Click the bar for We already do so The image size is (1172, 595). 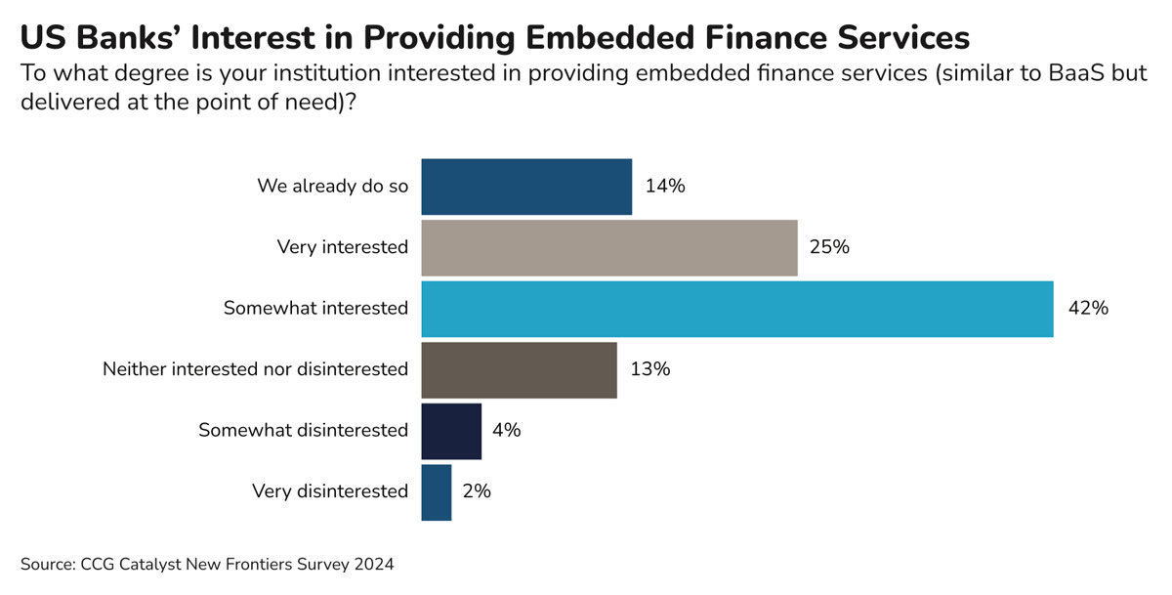(526, 187)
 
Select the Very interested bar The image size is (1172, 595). (608, 247)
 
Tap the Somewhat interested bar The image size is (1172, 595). (736, 309)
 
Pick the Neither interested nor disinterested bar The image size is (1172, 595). (519, 369)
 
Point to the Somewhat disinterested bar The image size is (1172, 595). (451, 431)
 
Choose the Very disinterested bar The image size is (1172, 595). (437, 491)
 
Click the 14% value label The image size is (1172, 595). (665, 187)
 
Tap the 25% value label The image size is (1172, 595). (830, 247)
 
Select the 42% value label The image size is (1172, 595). (1087, 309)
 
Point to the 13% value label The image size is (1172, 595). (649, 369)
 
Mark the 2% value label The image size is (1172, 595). (476, 491)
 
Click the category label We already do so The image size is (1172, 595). (332, 187)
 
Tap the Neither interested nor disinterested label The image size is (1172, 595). (255, 369)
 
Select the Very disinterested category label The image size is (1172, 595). (329, 491)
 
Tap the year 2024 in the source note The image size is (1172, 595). (375, 565)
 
